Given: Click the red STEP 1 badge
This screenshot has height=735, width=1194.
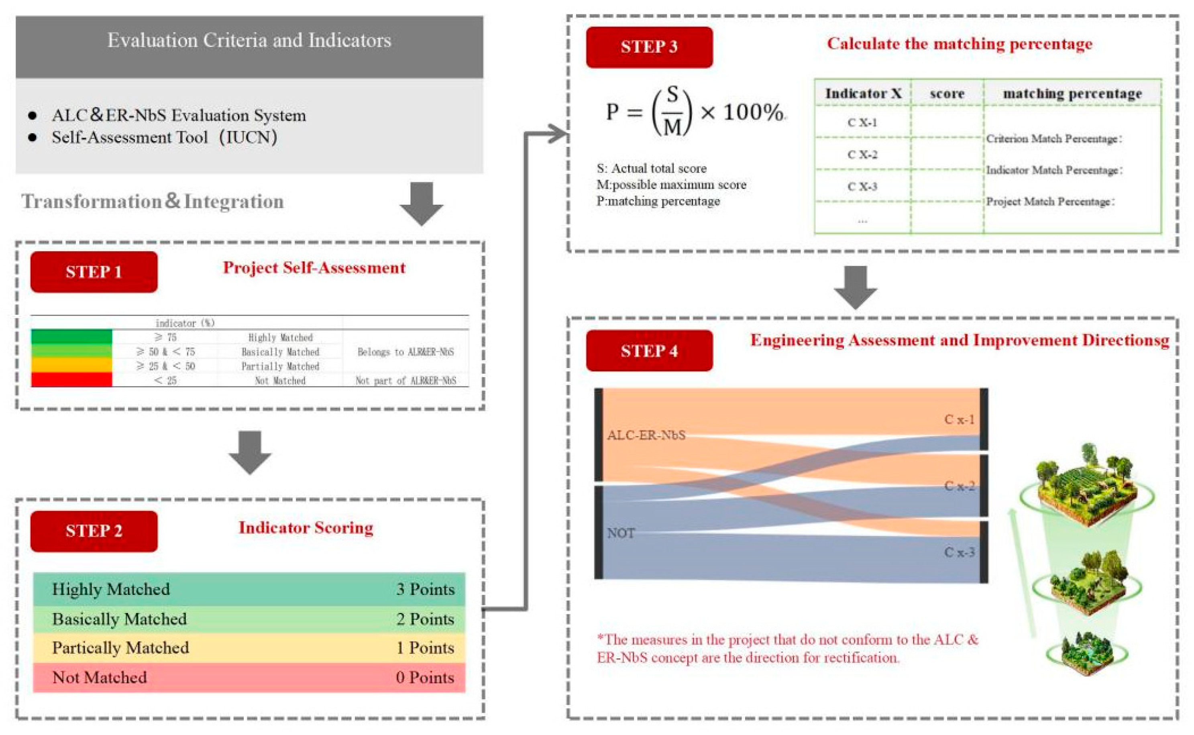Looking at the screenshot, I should [x=94, y=272].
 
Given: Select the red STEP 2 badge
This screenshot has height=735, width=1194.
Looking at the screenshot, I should [x=94, y=531].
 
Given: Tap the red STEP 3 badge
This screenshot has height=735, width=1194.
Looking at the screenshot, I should [x=649, y=47].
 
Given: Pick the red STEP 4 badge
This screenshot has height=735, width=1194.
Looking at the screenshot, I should [x=649, y=350].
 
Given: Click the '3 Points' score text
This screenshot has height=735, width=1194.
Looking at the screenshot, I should [x=425, y=589].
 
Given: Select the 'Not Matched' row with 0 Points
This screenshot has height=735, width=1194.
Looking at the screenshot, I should [x=249, y=677].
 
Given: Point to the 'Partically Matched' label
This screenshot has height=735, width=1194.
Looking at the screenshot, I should [x=120, y=647].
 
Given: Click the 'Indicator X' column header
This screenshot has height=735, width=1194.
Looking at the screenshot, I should [x=863, y=94].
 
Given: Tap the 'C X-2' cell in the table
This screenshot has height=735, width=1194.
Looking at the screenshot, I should [x=862, y=155].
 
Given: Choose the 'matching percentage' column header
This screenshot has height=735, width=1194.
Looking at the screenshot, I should [x=1072, y=94].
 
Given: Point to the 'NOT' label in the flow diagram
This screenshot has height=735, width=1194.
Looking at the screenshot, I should [x=621, y=533].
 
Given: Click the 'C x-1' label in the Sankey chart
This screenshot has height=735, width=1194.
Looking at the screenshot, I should [x=959, y=419].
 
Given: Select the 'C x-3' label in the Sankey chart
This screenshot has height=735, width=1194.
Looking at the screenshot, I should [x=959, y=552].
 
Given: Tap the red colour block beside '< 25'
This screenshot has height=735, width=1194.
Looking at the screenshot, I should [x=71, y=380].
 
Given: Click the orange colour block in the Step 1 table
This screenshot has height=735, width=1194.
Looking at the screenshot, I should [x=71, y=365].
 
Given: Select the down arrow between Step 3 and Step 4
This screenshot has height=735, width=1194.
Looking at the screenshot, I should [x=855, y=287].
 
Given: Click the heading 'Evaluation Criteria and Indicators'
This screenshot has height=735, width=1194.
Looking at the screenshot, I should [x=249, y=41].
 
